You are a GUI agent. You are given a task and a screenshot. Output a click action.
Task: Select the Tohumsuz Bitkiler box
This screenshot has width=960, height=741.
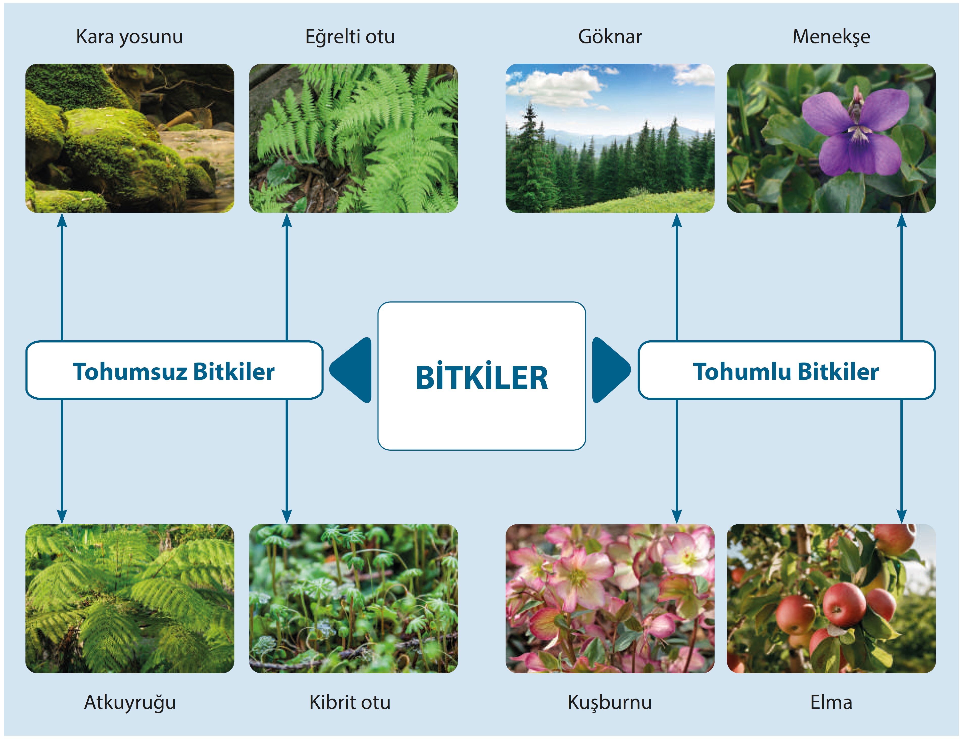click(x=174, y=370)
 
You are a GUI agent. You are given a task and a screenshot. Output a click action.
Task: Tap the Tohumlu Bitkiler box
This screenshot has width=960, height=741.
click(x=786, y=370)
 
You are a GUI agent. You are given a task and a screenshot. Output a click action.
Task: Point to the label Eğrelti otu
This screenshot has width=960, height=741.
click(x=350, y=37)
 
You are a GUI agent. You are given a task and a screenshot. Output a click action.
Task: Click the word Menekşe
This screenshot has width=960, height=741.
click(x=831, y=37)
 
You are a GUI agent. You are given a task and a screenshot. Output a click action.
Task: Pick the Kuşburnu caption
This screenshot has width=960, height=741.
click(x=610, y=702)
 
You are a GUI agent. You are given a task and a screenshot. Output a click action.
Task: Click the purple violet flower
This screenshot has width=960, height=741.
click(x=855, y=132)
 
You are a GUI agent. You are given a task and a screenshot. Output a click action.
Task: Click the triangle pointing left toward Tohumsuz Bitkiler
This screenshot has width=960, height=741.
click(x=352, y=370)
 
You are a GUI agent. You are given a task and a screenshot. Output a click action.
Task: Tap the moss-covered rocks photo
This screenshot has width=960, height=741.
click(x=130, y=138)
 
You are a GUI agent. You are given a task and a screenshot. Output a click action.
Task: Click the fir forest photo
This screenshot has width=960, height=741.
click(x=610, y=138)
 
